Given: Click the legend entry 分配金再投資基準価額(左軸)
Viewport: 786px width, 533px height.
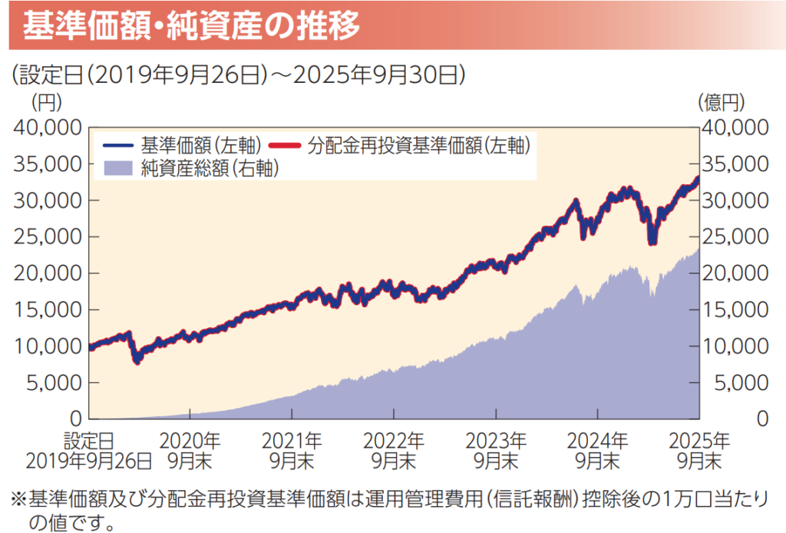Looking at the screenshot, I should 407,144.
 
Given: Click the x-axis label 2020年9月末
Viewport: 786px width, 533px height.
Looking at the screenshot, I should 190,451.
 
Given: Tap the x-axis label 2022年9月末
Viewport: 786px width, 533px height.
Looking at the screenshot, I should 394,451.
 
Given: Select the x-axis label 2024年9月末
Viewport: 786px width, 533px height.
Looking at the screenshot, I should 597,451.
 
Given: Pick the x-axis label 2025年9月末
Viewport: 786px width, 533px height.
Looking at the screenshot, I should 698,451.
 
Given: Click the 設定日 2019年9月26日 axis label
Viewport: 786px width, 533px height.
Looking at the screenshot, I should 89,451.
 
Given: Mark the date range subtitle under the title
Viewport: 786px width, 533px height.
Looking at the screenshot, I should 238,74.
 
